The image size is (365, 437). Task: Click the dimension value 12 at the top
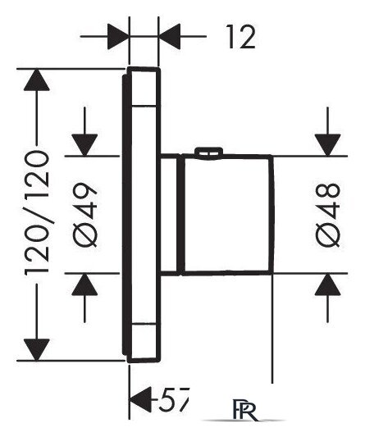241,37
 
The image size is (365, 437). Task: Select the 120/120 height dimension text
37,213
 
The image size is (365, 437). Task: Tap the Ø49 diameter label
84,215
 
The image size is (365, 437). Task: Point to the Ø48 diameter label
328,215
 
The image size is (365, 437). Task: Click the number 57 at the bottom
173,400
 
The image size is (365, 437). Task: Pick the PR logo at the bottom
244,412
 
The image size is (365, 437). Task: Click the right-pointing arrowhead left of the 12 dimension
118,37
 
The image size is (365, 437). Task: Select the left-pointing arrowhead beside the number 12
169,37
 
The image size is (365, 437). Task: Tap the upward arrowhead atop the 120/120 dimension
37,80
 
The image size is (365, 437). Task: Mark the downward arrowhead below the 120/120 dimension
37,350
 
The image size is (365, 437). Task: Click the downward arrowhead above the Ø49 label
84,145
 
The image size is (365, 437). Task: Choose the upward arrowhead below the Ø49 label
84,285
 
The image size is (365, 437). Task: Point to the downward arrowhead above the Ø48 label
328,145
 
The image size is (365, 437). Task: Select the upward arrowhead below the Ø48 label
328,285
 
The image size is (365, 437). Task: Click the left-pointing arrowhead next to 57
141,400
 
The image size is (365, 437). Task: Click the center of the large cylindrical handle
227,215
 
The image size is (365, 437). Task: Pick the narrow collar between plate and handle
170,215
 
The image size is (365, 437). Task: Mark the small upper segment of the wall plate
144,87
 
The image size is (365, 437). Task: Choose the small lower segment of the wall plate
144,342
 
